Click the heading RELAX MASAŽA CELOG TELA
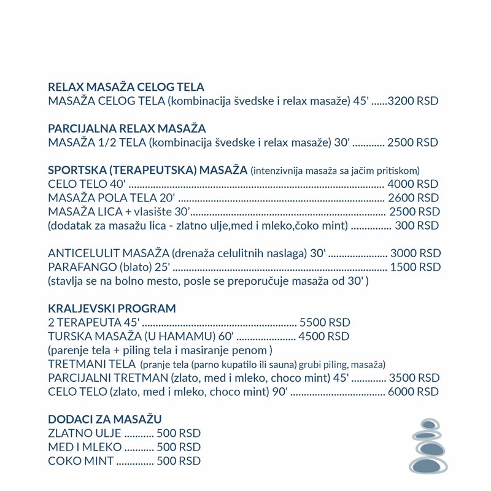click(126, 87)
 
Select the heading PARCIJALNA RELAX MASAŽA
click(126, 129)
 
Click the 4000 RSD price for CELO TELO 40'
click(414, 184)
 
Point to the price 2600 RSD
click(414, 198)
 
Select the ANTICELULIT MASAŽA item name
click(108, 253)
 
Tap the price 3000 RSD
click(416, 253)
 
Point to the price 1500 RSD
click(416, 267)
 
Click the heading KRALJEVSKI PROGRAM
click(112, 308)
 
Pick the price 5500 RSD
click(325, 322)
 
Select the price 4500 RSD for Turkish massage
click(323, 336)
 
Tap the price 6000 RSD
click(414, 392)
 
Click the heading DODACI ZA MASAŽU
click(105, 419)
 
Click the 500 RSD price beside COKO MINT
click(179, 461)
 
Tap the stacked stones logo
click(428, 447)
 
